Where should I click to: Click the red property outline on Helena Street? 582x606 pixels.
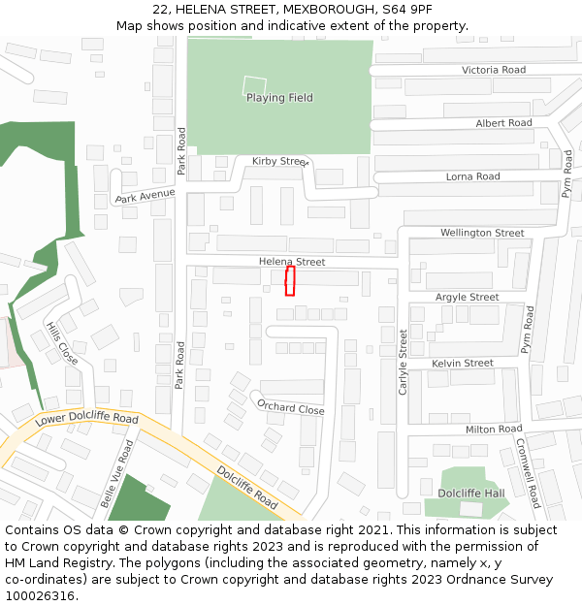click(289, 281)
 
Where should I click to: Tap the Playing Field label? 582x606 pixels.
click(279, 98)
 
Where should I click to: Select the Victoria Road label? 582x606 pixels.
click(494, 70)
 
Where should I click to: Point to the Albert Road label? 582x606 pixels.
click(503, 123)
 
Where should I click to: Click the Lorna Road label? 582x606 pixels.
click(472, 176)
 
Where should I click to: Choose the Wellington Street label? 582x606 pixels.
click(482, 233)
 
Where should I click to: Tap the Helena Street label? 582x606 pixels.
click(292, 262)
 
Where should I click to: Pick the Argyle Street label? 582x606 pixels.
click(467, 297)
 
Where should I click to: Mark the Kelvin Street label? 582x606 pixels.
click(463, 363)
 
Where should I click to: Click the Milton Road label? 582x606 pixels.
click(494, 429)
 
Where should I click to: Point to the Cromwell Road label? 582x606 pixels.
click(528, 473)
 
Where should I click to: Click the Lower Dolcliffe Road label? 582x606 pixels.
click(86, 418)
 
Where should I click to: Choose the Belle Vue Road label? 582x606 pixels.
click(117, 473)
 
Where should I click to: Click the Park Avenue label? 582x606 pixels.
click(145, 197)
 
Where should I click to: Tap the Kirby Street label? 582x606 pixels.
click(279, 161)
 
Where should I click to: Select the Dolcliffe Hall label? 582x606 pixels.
click(471, 494)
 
